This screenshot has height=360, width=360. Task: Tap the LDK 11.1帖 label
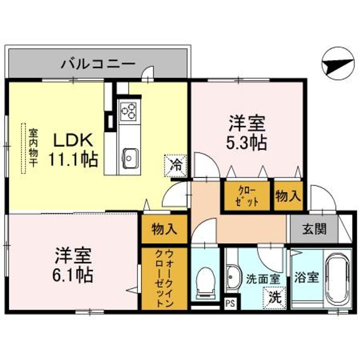[x=72, y=150]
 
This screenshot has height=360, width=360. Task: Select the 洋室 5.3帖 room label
[x=247, y=133]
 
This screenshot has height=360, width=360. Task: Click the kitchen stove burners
[x=127, y=110]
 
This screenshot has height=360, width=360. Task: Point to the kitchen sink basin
[x=130, y=159]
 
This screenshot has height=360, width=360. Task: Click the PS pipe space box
[x=230, y=302]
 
